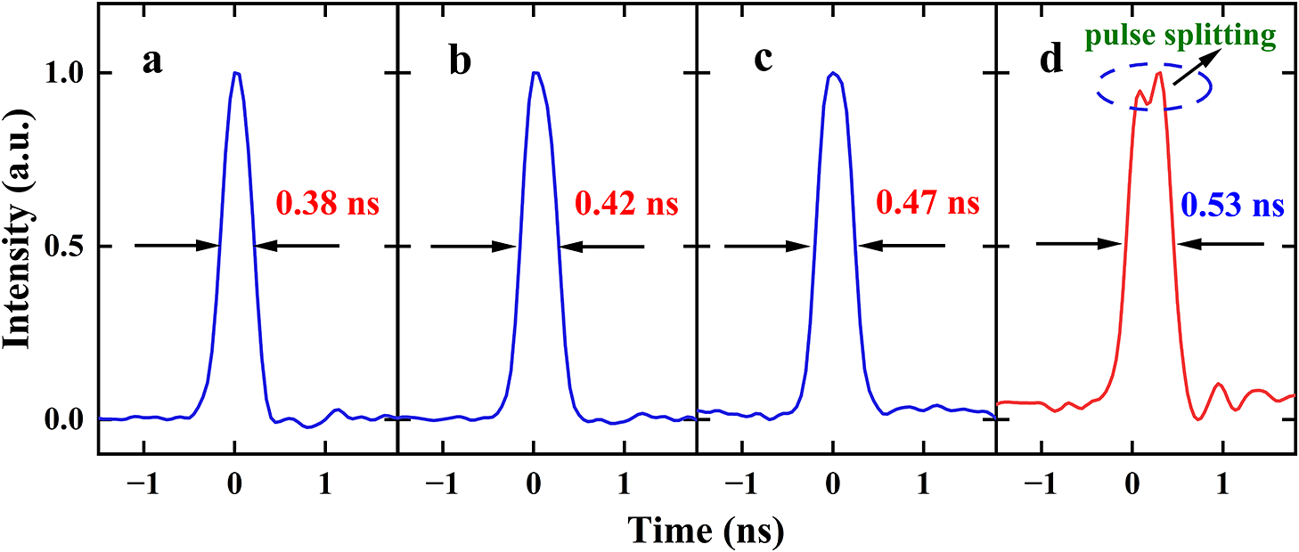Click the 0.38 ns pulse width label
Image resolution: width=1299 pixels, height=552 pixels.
328,205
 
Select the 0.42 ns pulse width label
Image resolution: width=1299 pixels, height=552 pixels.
627,205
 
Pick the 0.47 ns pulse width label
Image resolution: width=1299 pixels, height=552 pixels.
927,203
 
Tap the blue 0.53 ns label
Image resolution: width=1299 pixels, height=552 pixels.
1232,207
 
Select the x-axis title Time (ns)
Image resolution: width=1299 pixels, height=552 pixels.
707,531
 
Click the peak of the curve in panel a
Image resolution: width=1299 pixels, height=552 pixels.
235,73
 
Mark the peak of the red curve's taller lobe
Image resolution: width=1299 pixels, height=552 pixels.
1158,73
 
